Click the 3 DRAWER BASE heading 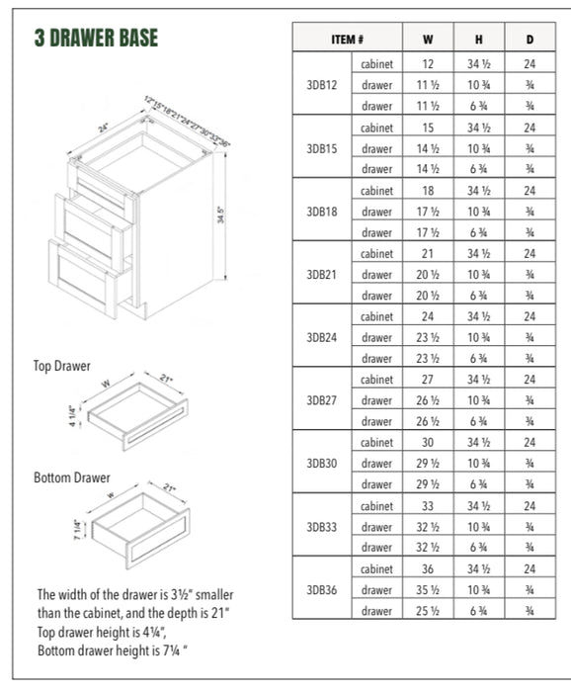tap(96, 39)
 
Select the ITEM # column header tap(347, 41)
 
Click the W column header tap(428, 41)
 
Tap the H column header tap(478, 41)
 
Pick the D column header tap(530, 41)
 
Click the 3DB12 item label tap(322, 85)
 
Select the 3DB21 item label tap(322, 274)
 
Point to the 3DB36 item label tap(322, 590)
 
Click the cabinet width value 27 tap(428, 380)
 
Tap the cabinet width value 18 tap(428, 190)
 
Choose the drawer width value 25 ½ tap(428, 611)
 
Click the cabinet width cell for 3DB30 tap(428, 443)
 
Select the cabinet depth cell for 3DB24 tap(530, 316)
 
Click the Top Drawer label tap(62, 366)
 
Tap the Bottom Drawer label tap(72, 477)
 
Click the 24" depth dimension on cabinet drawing tap(105, 129)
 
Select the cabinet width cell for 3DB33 tap(428, 506)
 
